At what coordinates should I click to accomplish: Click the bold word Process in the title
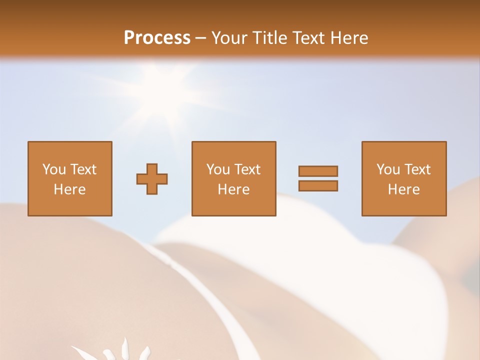click(157, 38)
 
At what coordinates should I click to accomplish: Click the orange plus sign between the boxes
click(152, 179)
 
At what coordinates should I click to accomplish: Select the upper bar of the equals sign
click(318, 171)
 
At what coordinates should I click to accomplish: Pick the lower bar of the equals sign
click(318, 185)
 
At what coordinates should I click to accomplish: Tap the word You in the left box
click(54, 169)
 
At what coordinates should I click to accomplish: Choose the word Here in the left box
click(69, 189)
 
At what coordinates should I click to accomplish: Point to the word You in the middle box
click(218, 169)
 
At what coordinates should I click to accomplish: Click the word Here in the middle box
click(233, 189)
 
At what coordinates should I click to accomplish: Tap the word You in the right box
click(388, 169)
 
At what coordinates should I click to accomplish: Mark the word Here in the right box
click(403, 189)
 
